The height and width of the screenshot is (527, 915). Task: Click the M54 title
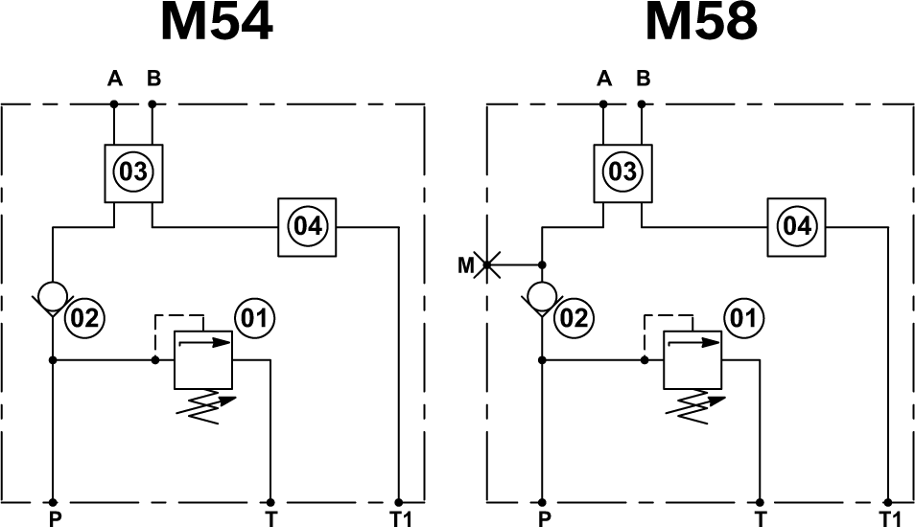point(217,23)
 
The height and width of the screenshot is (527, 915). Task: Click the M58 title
point(701,23)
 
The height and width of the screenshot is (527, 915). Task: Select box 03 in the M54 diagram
point(133,172)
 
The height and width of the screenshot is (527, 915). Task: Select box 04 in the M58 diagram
point(796,227)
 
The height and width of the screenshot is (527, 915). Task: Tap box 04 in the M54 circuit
point(307,227)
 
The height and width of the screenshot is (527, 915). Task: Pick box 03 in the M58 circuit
point(622,172)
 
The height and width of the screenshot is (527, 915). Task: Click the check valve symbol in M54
point(53,295)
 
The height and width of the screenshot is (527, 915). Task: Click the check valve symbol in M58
point(543,295)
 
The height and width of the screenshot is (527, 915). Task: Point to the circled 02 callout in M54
point(83,318)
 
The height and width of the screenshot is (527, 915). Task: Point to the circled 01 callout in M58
point(744,318)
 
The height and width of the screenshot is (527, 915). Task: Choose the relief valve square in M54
point(203,360)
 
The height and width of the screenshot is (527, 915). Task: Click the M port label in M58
point(465,265)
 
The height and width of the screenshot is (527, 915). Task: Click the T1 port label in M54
point(402,519)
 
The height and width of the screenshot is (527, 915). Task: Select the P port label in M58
point(545,519)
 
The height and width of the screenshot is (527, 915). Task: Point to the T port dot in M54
point(270,501)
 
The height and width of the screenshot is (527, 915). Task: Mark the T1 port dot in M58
point(887,501)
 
